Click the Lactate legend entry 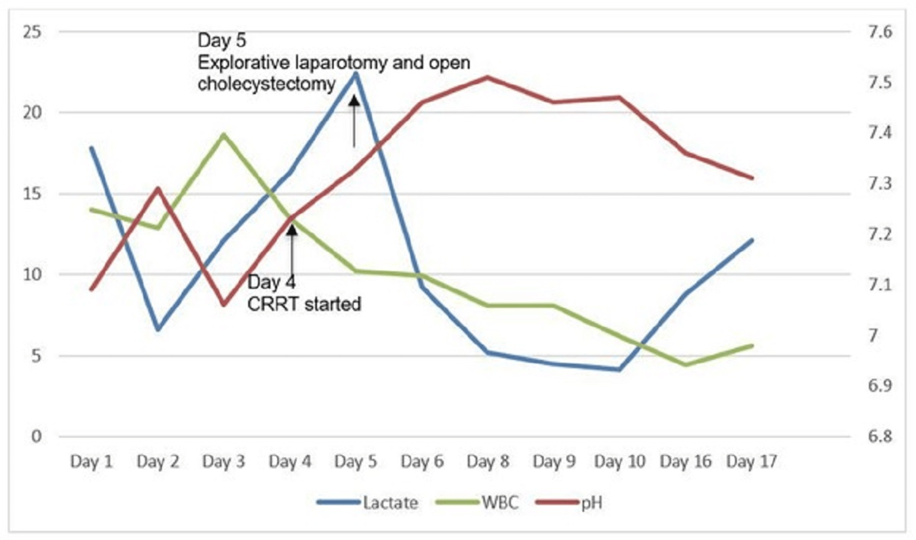(390, 502)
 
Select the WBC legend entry (500, 502)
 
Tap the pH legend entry (591, 502)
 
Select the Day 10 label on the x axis (620, 462)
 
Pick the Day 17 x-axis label (751, 462)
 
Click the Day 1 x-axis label (91, 462)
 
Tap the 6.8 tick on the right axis (880, 436)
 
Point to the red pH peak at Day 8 (488, 77)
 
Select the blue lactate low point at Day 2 (158, 329)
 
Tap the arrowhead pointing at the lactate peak (354, 100)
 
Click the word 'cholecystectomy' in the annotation (266, 84)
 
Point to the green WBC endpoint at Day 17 (751, 345)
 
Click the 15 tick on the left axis (32, 194)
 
